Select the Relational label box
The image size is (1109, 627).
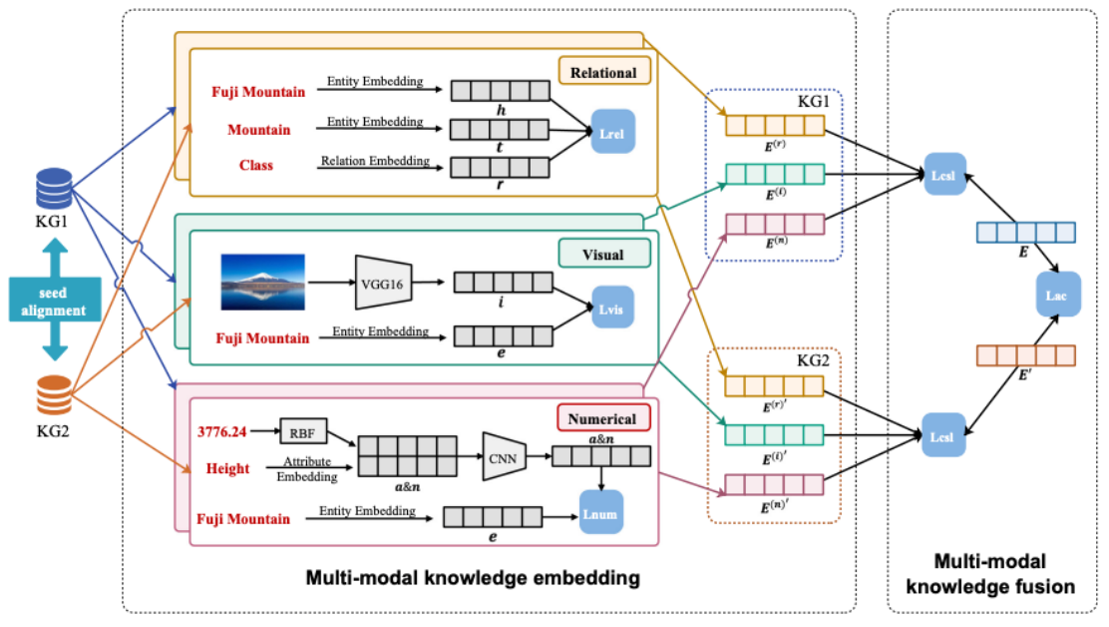604,72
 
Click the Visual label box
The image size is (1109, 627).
603,254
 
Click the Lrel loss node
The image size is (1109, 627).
612,132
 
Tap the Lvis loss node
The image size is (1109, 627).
612,306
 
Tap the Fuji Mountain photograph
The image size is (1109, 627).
262,282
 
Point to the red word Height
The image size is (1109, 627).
227,469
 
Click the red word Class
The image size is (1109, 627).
256,165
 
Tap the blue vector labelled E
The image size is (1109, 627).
1025,233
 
